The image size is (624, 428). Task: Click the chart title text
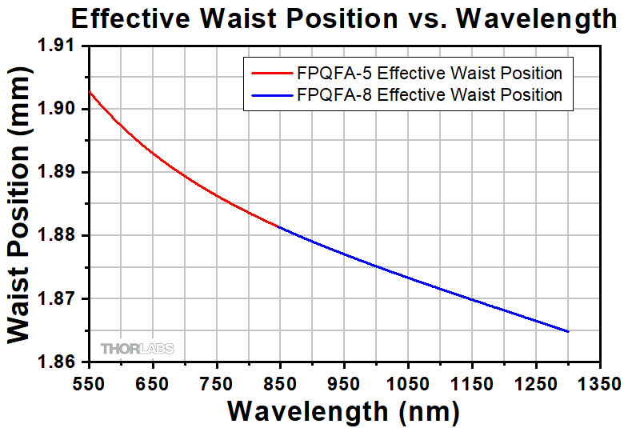coord(342,18)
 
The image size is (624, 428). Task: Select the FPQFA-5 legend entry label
coord(430,74)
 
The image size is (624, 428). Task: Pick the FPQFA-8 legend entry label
coord(430,95)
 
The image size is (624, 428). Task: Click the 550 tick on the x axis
coord(89,382)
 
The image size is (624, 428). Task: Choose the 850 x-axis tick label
coord(279,382)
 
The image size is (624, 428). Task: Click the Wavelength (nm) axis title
coord(343,411)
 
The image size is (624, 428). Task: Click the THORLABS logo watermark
coord(137,348)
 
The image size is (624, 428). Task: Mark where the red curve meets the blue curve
coord(279,227)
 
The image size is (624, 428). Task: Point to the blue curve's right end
coord(568,331)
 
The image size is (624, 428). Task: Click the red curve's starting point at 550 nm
coord(89,91)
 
